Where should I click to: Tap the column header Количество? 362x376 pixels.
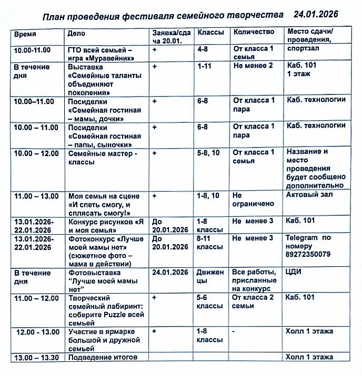254,32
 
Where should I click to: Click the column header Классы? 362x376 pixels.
210,33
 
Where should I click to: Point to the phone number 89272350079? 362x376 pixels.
308,254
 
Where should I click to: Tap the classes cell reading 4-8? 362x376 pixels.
203,50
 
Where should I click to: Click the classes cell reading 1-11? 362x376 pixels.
205,67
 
